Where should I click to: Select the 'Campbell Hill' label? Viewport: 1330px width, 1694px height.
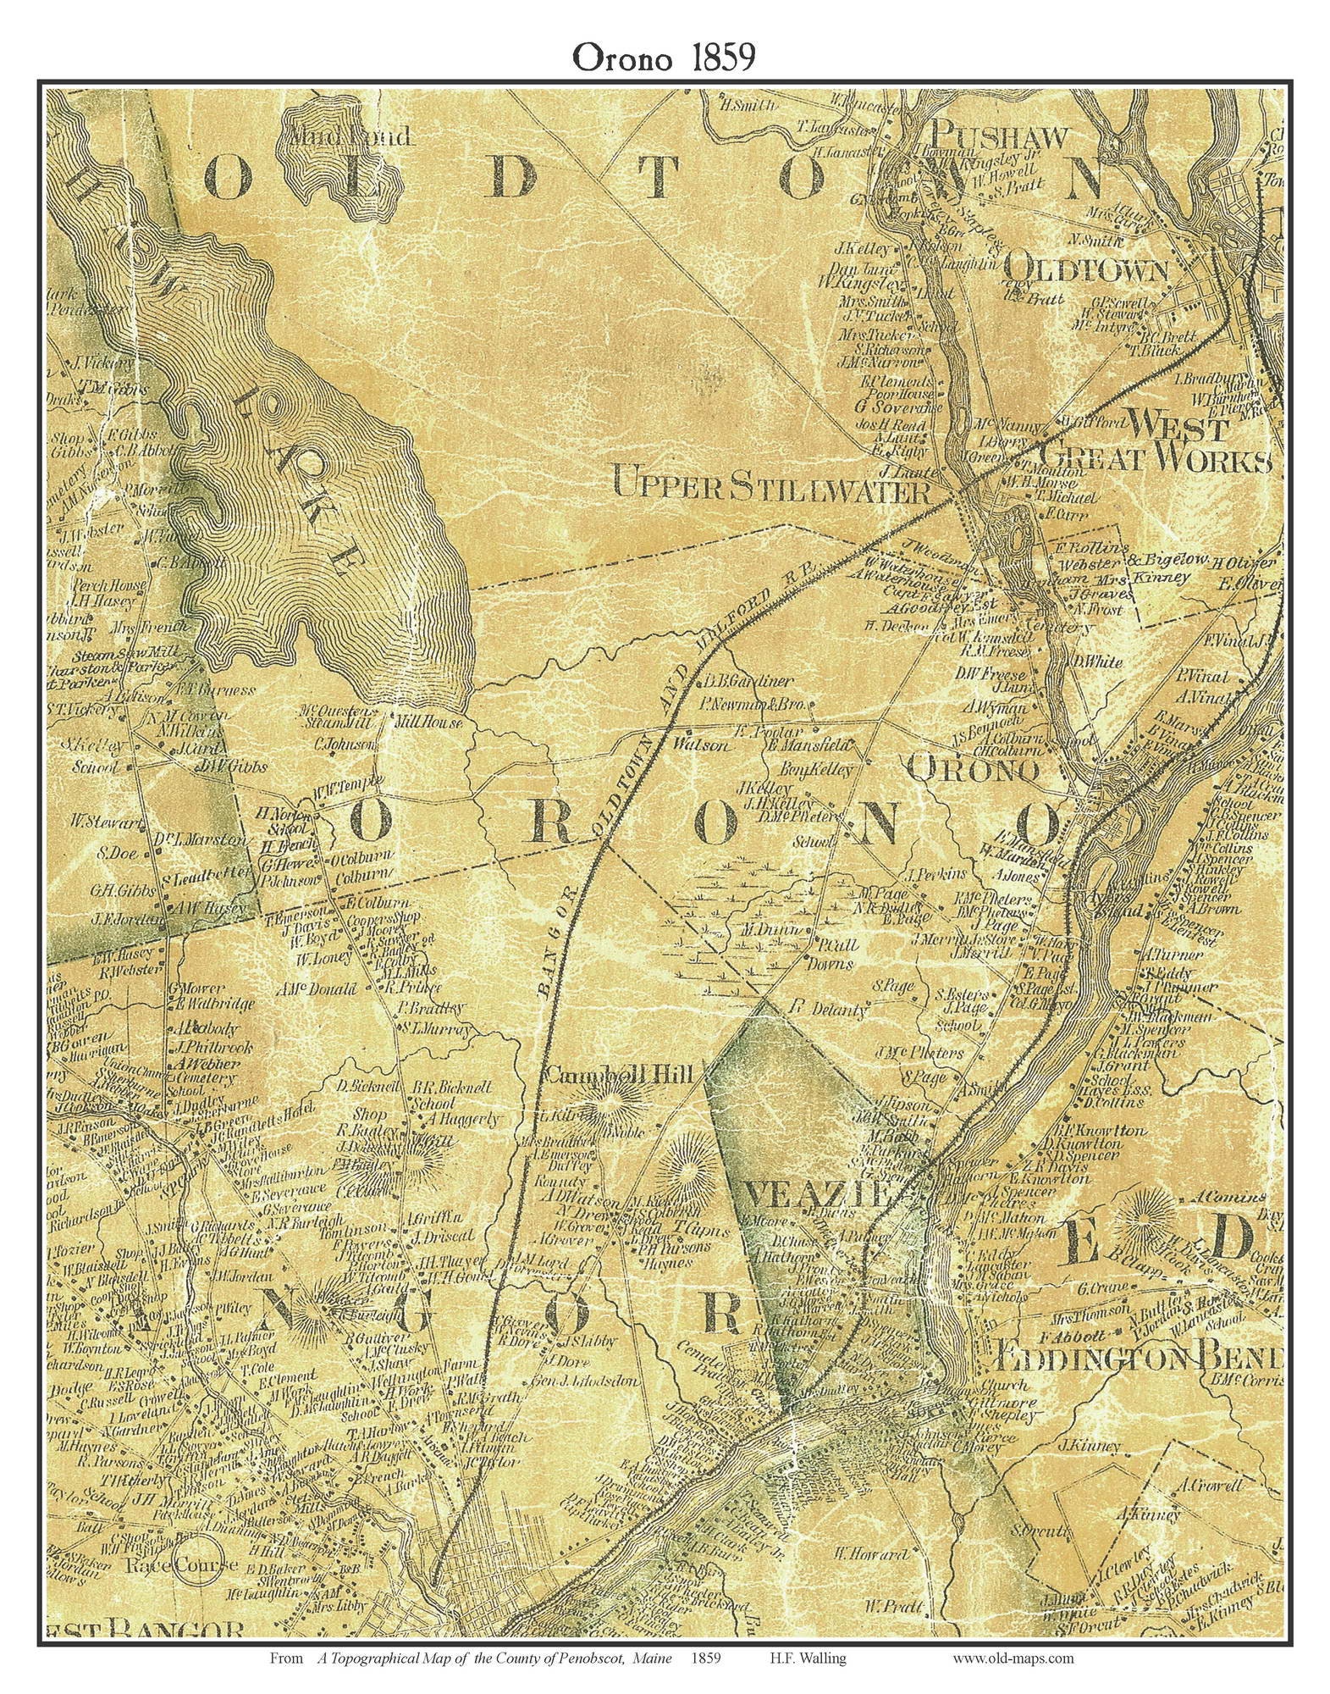619,1075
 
